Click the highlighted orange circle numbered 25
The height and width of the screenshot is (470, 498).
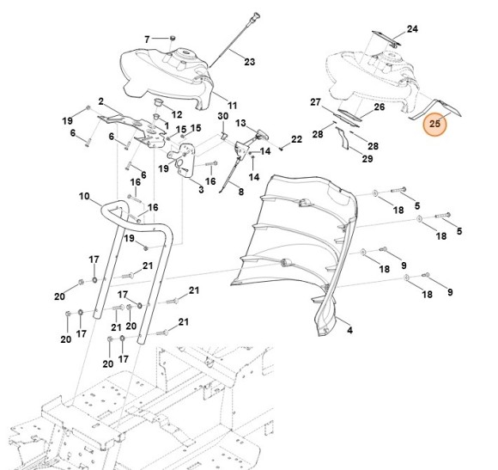(434, 124)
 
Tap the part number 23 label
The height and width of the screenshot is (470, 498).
(249, 62)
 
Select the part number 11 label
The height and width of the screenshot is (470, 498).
(232, 105)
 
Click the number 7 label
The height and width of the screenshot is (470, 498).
(147, 40)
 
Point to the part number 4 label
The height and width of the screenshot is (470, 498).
(349, 330)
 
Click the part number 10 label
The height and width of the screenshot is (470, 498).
(84, 196)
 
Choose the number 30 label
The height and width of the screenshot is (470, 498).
(222, 116)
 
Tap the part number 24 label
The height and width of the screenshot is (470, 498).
(412, 29)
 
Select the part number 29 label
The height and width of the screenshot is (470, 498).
(367, 159)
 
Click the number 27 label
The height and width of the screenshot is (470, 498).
(315, 102)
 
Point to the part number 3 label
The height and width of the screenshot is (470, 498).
(201, 190)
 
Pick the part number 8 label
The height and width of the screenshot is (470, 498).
(241, 192)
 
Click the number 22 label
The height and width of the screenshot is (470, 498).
(296, 139)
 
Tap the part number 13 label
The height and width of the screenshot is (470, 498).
(240, 123)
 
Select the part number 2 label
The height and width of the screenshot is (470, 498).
(101, 101)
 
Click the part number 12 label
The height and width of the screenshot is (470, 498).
(177, 114)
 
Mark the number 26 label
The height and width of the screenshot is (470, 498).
(380, 107)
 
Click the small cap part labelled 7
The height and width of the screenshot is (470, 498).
(173, 38)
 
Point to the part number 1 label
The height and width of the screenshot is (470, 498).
(167, 125)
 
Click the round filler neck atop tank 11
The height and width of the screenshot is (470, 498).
(185, 52)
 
